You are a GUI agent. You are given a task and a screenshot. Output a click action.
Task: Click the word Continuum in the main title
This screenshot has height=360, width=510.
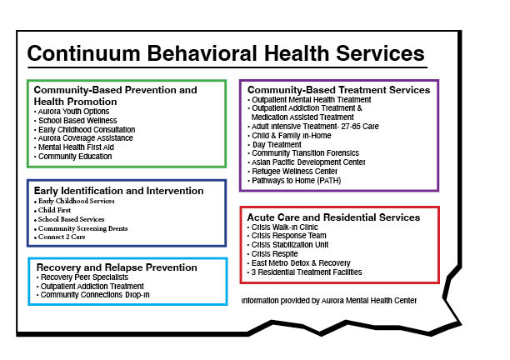(x=83, y=53)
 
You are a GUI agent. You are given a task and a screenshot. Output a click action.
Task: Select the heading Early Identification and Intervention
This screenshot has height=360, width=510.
(x=118, y=191)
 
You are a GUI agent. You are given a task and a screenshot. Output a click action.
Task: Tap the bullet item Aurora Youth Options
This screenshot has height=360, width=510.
(x=73, y=112)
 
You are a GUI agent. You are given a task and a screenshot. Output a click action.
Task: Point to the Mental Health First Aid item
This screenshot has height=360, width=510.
(x=76, y=147)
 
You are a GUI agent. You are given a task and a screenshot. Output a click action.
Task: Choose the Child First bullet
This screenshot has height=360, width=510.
(x=54, y=210)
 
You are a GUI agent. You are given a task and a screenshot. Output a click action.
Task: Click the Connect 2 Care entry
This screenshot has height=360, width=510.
(x=62, y=237)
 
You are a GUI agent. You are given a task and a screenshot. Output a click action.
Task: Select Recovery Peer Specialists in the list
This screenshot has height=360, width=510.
(x=84, y=277)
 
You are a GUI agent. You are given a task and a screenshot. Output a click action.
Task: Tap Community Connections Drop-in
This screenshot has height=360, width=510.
(x=95, y=295)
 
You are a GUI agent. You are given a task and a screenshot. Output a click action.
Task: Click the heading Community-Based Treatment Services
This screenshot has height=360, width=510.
(x=338, y=90)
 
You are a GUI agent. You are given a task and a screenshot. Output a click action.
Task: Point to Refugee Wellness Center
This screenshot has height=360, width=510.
(x=294, y=172)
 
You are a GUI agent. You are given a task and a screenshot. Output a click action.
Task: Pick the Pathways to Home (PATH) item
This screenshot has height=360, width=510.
(x=297, y=181)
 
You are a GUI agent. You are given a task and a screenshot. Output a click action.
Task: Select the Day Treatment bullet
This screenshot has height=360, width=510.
(x=277, y=145)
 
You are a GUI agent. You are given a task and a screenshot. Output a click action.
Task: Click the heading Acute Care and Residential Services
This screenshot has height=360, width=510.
(x=333, y=217)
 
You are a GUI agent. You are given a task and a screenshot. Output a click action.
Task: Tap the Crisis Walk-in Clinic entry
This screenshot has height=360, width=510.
(x=285, y=227)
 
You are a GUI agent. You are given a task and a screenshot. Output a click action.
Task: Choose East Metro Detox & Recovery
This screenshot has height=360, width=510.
(x=301, y=262)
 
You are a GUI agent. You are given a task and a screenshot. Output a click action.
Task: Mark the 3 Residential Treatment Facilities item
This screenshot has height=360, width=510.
(x=307, y=272)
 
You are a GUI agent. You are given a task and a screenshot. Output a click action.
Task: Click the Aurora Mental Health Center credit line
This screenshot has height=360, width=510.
(x=329, y=301)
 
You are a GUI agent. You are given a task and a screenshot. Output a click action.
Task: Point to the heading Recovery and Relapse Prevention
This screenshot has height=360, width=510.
(x=117, y=267)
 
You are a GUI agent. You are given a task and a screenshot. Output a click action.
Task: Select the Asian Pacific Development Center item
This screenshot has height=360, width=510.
(x=308, y=162)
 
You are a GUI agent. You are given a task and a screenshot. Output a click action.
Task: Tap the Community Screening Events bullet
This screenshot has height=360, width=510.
(x=83, y=228)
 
